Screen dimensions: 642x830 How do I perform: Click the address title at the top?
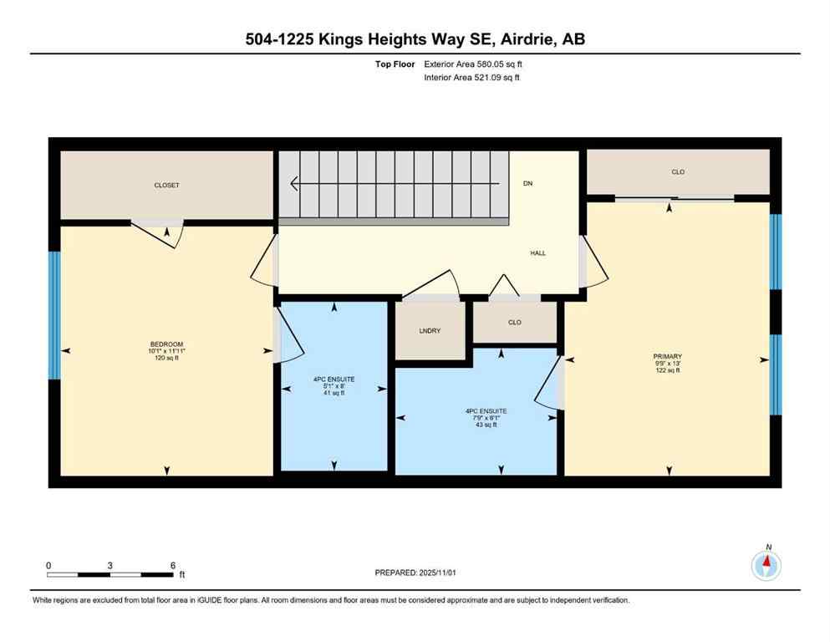click(x=415, y=39)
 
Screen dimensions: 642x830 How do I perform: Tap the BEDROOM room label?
click(x=166, y=345)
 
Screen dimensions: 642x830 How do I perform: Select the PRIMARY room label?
click(x=667, y=356)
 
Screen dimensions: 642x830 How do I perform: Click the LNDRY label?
click(x=430, y=331)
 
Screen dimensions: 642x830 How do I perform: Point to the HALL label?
click(x=537, y=252)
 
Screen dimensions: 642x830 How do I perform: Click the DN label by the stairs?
click(x=527, y=183)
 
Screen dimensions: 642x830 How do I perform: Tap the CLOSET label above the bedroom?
click(x=166, y=186)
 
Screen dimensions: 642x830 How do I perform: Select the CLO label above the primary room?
click(x=678, y=172)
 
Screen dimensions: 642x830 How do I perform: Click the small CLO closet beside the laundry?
click(x=515, y=322)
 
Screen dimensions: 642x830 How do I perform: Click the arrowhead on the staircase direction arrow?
click(x=294, y=183)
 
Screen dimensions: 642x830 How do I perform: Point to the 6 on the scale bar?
click(x=172, y=565)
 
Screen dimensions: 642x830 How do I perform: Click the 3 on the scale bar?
click(x=110, y=565)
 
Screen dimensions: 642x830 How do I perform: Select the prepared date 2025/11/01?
click(x=415, y=573)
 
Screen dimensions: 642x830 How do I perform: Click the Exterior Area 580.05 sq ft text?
click(x=476, y=64)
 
